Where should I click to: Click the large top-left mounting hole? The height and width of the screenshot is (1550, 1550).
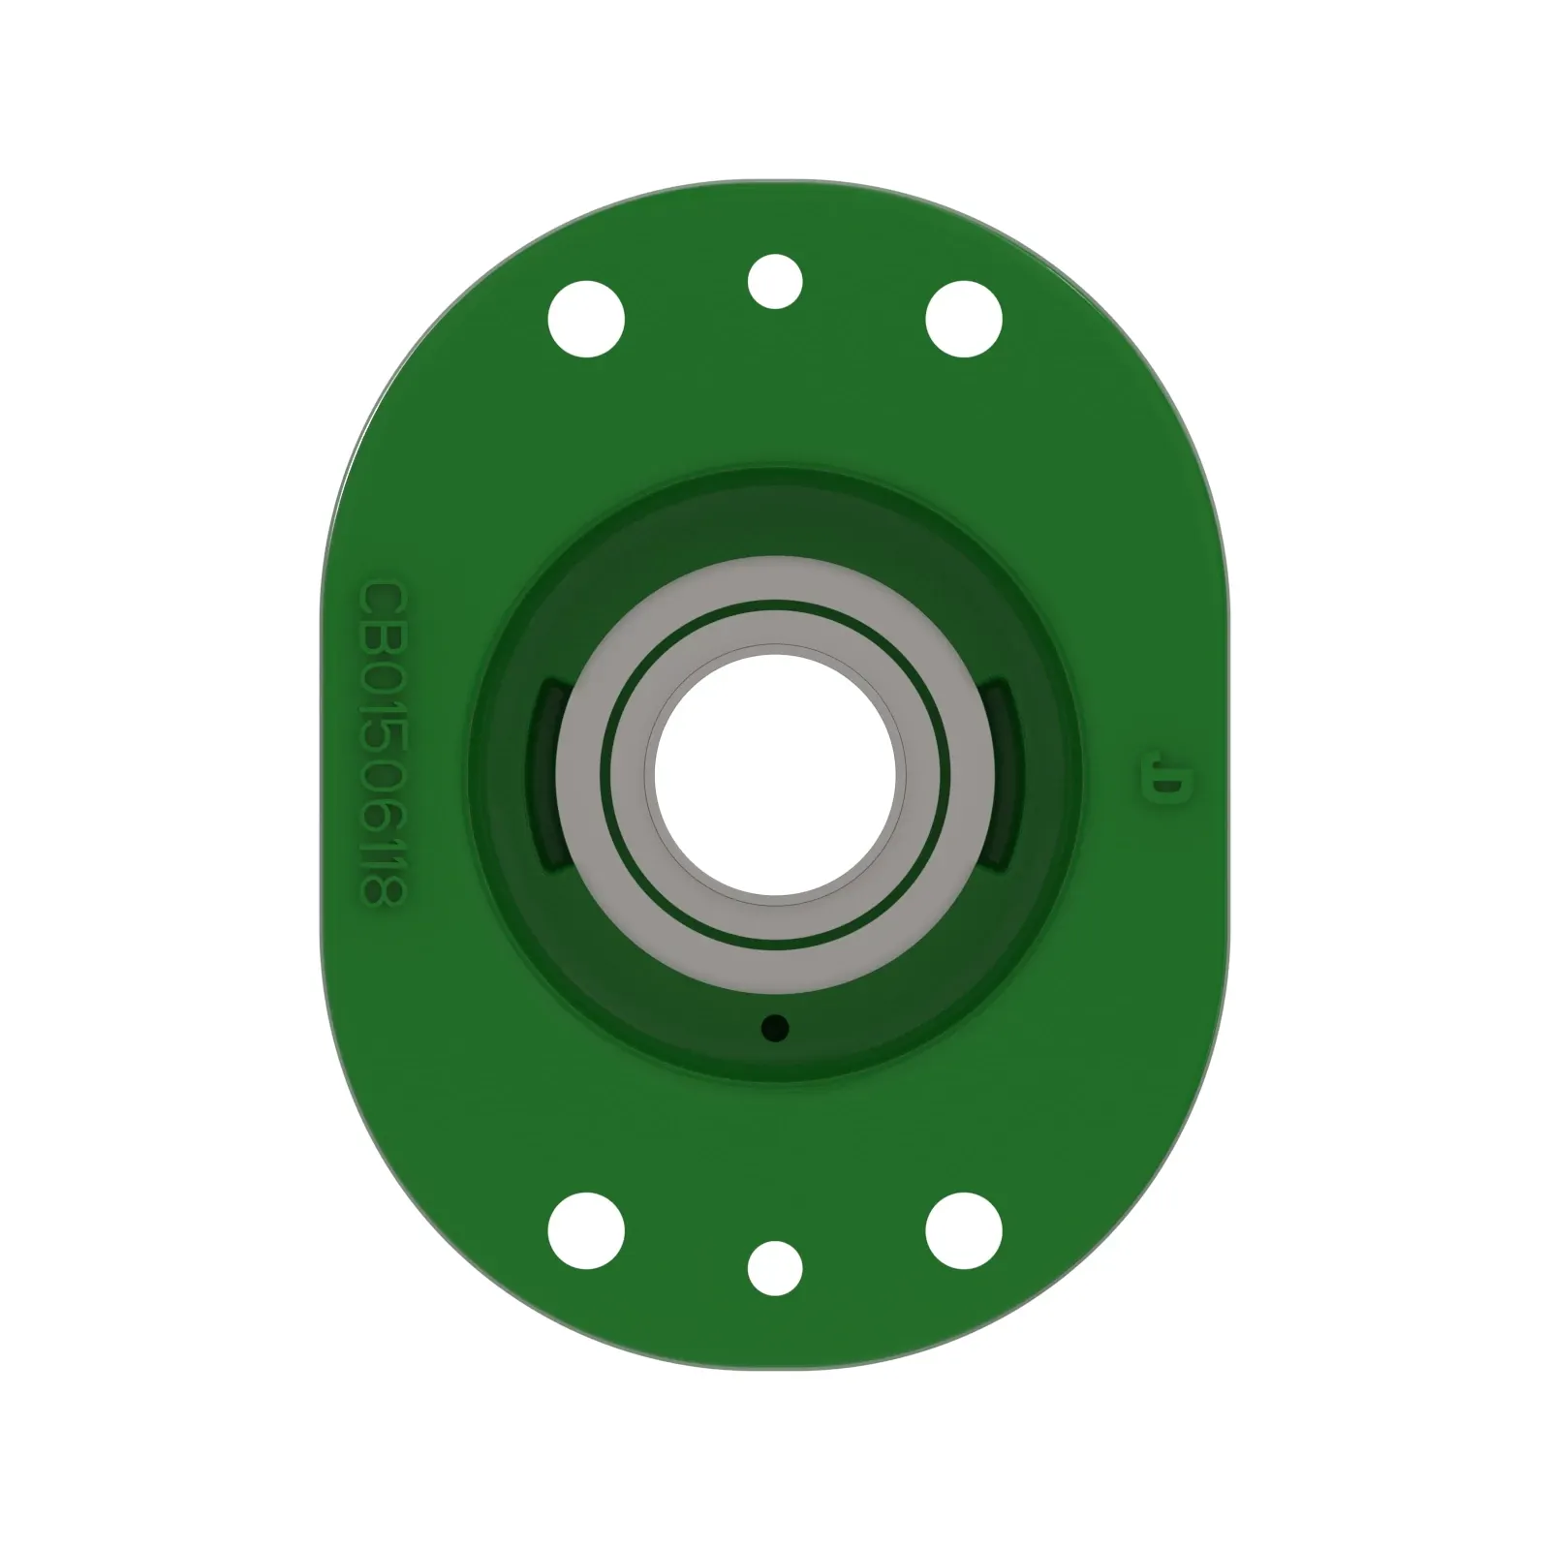coord(586,319)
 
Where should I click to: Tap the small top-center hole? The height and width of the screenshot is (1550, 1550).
coord(775,281)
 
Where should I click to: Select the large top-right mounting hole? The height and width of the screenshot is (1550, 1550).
coord(964,319)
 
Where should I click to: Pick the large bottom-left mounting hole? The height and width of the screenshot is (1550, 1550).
coord(586,1230)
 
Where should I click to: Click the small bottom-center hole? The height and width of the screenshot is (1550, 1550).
coord(775,1267)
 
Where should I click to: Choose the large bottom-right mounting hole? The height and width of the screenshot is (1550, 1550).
coord(964,1230)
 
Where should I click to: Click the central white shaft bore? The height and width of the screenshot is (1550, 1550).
coord(775,775)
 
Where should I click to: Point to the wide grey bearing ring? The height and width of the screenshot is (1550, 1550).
coord(775,581)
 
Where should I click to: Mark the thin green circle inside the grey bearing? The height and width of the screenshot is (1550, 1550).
coord(775,603)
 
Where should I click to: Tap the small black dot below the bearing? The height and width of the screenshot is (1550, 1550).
coord(775,1027)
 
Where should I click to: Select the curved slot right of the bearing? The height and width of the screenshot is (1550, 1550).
coord(1002,775)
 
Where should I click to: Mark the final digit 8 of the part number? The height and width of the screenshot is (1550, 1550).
coord(381,891)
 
